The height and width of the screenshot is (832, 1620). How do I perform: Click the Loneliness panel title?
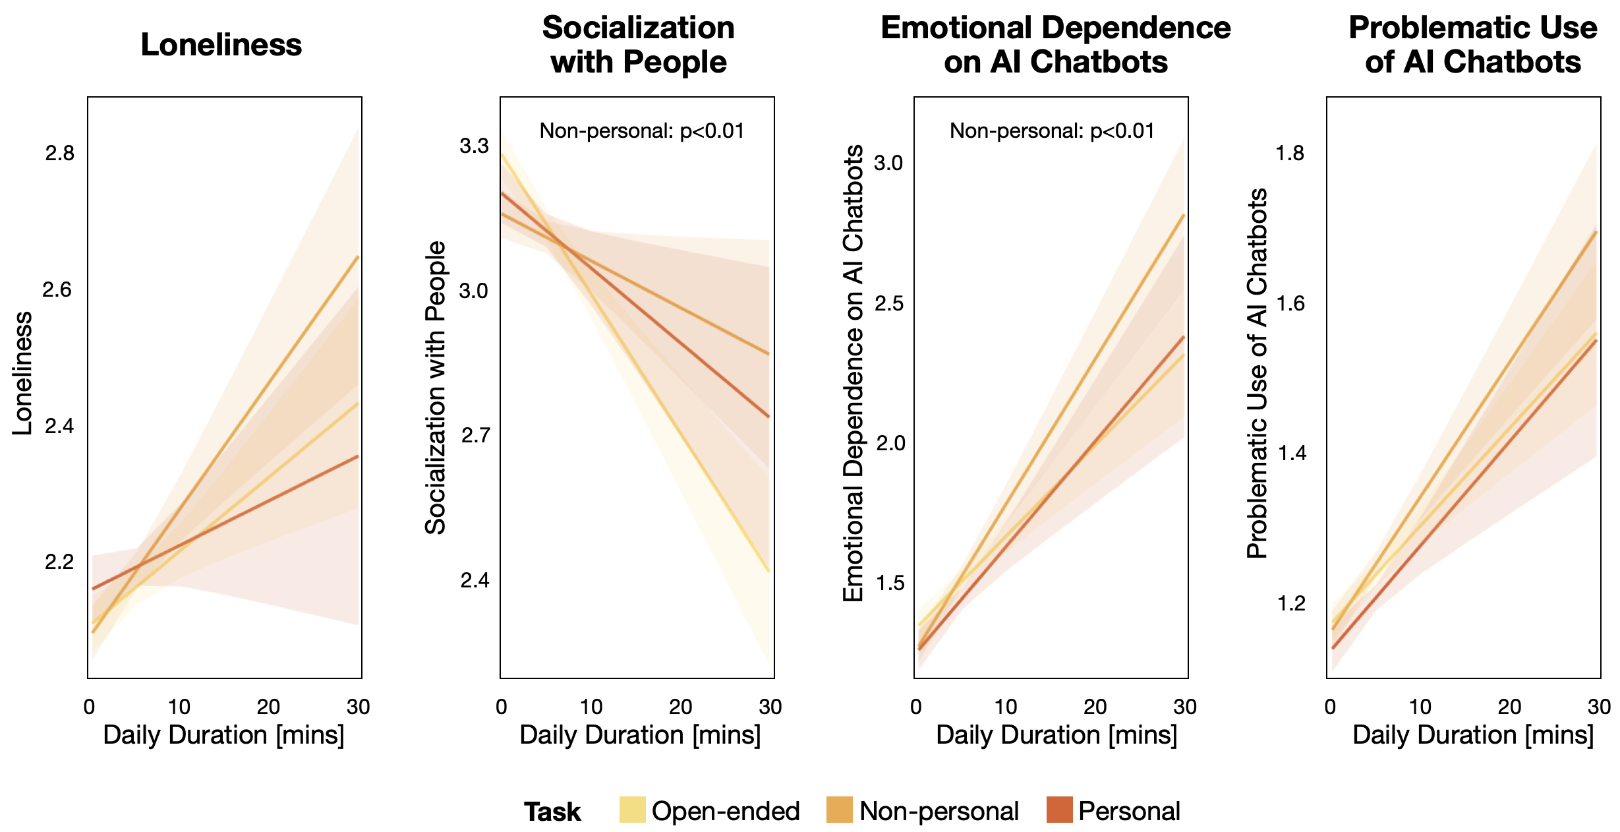coord(221,45)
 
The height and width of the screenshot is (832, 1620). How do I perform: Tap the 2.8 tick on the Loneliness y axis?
coord(59,154)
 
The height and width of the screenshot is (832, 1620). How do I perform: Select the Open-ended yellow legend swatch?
coord(632,810)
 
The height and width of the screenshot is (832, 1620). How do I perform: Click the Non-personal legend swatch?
coord(839,810)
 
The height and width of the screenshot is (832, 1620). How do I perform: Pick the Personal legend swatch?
coord(1059,810)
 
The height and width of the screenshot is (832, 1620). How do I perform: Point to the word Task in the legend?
coord(552,812)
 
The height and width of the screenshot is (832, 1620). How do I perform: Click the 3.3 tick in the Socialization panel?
coord(474,146)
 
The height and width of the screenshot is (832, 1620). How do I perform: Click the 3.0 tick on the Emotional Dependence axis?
coord(888,163)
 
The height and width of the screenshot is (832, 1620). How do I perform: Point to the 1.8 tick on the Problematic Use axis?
coord(1290,154)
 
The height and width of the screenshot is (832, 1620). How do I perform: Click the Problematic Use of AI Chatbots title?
coord(1473,45)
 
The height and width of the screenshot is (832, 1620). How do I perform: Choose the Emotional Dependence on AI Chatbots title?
coord(1056,45)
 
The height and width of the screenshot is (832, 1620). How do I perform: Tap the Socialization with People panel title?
coord(638,45)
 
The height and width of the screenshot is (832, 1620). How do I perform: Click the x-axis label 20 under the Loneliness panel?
coord(268,707)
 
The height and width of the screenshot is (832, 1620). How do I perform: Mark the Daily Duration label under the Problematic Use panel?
coord(1473,734)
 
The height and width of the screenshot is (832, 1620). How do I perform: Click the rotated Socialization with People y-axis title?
coord(436,388)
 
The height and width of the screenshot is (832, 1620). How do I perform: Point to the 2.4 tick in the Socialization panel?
coord(475,580)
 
